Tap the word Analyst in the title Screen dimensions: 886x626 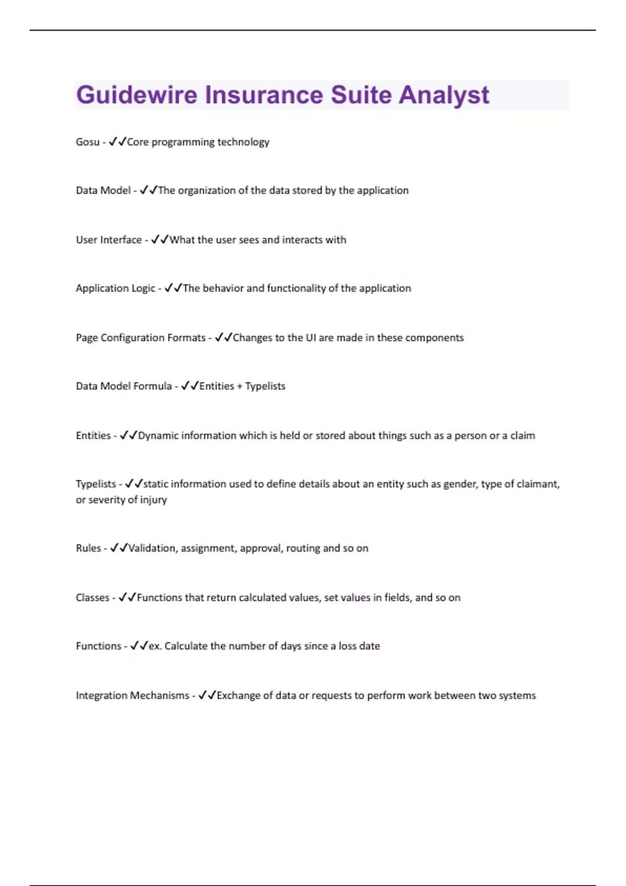tap(444, 95)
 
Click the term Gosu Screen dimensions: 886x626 tap(87, 142)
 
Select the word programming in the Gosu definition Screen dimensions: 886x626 tap(183, 142)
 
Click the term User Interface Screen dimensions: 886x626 tap(109, 240)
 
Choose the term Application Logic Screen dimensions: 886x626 tap(115, 288)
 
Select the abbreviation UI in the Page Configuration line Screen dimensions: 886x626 tap(310, 338)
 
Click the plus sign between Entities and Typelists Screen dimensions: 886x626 tap(239, 387)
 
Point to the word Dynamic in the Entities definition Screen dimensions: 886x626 tap(158, 436)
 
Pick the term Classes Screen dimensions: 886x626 tap(92, 598)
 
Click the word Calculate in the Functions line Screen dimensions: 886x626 tap(186, 646)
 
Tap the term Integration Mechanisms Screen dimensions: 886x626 tap(133, 696)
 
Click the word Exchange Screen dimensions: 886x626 tap(237, 696)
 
